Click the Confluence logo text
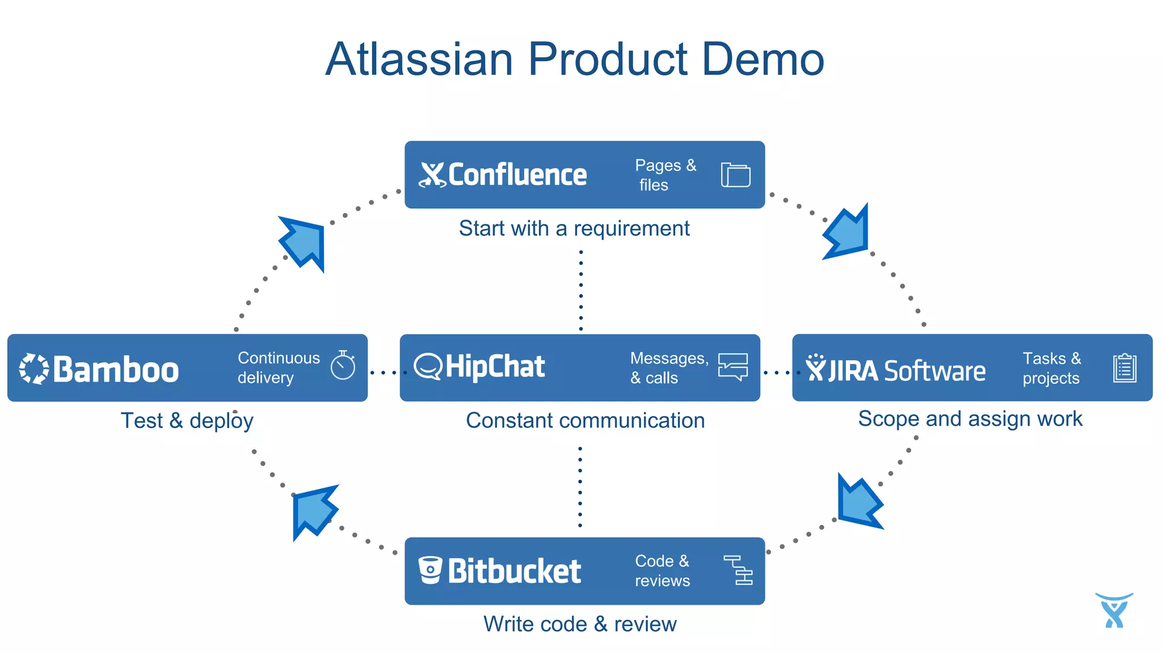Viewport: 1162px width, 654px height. [517, 175]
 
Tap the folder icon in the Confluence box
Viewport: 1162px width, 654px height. [735, 175]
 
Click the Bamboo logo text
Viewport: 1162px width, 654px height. [116, 370]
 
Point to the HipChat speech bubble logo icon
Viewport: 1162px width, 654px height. [427, 366]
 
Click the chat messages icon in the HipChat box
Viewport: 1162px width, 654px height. [732, 367]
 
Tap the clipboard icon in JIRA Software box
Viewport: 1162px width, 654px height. [1124, 368]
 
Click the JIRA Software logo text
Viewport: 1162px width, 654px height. [907, 371]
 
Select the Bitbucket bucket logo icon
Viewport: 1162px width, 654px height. [430, 570]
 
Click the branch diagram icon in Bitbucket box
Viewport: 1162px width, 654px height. [738, 570]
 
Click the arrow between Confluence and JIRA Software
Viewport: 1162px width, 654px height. [848, 233]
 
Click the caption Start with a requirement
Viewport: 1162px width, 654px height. [574, 228]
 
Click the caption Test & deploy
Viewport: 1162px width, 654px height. [187, 421]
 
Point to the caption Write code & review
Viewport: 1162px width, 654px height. [579, 624]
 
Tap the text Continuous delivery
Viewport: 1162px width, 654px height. [278, 367]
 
